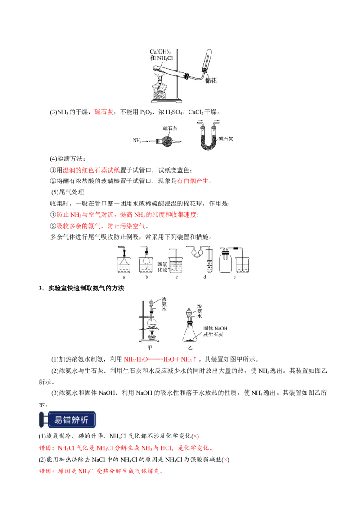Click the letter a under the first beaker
pos(124,277)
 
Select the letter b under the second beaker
pos(147,277)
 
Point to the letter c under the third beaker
pos(176,277)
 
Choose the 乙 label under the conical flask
pos(190,348)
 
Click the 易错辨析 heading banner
pos(67,420)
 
